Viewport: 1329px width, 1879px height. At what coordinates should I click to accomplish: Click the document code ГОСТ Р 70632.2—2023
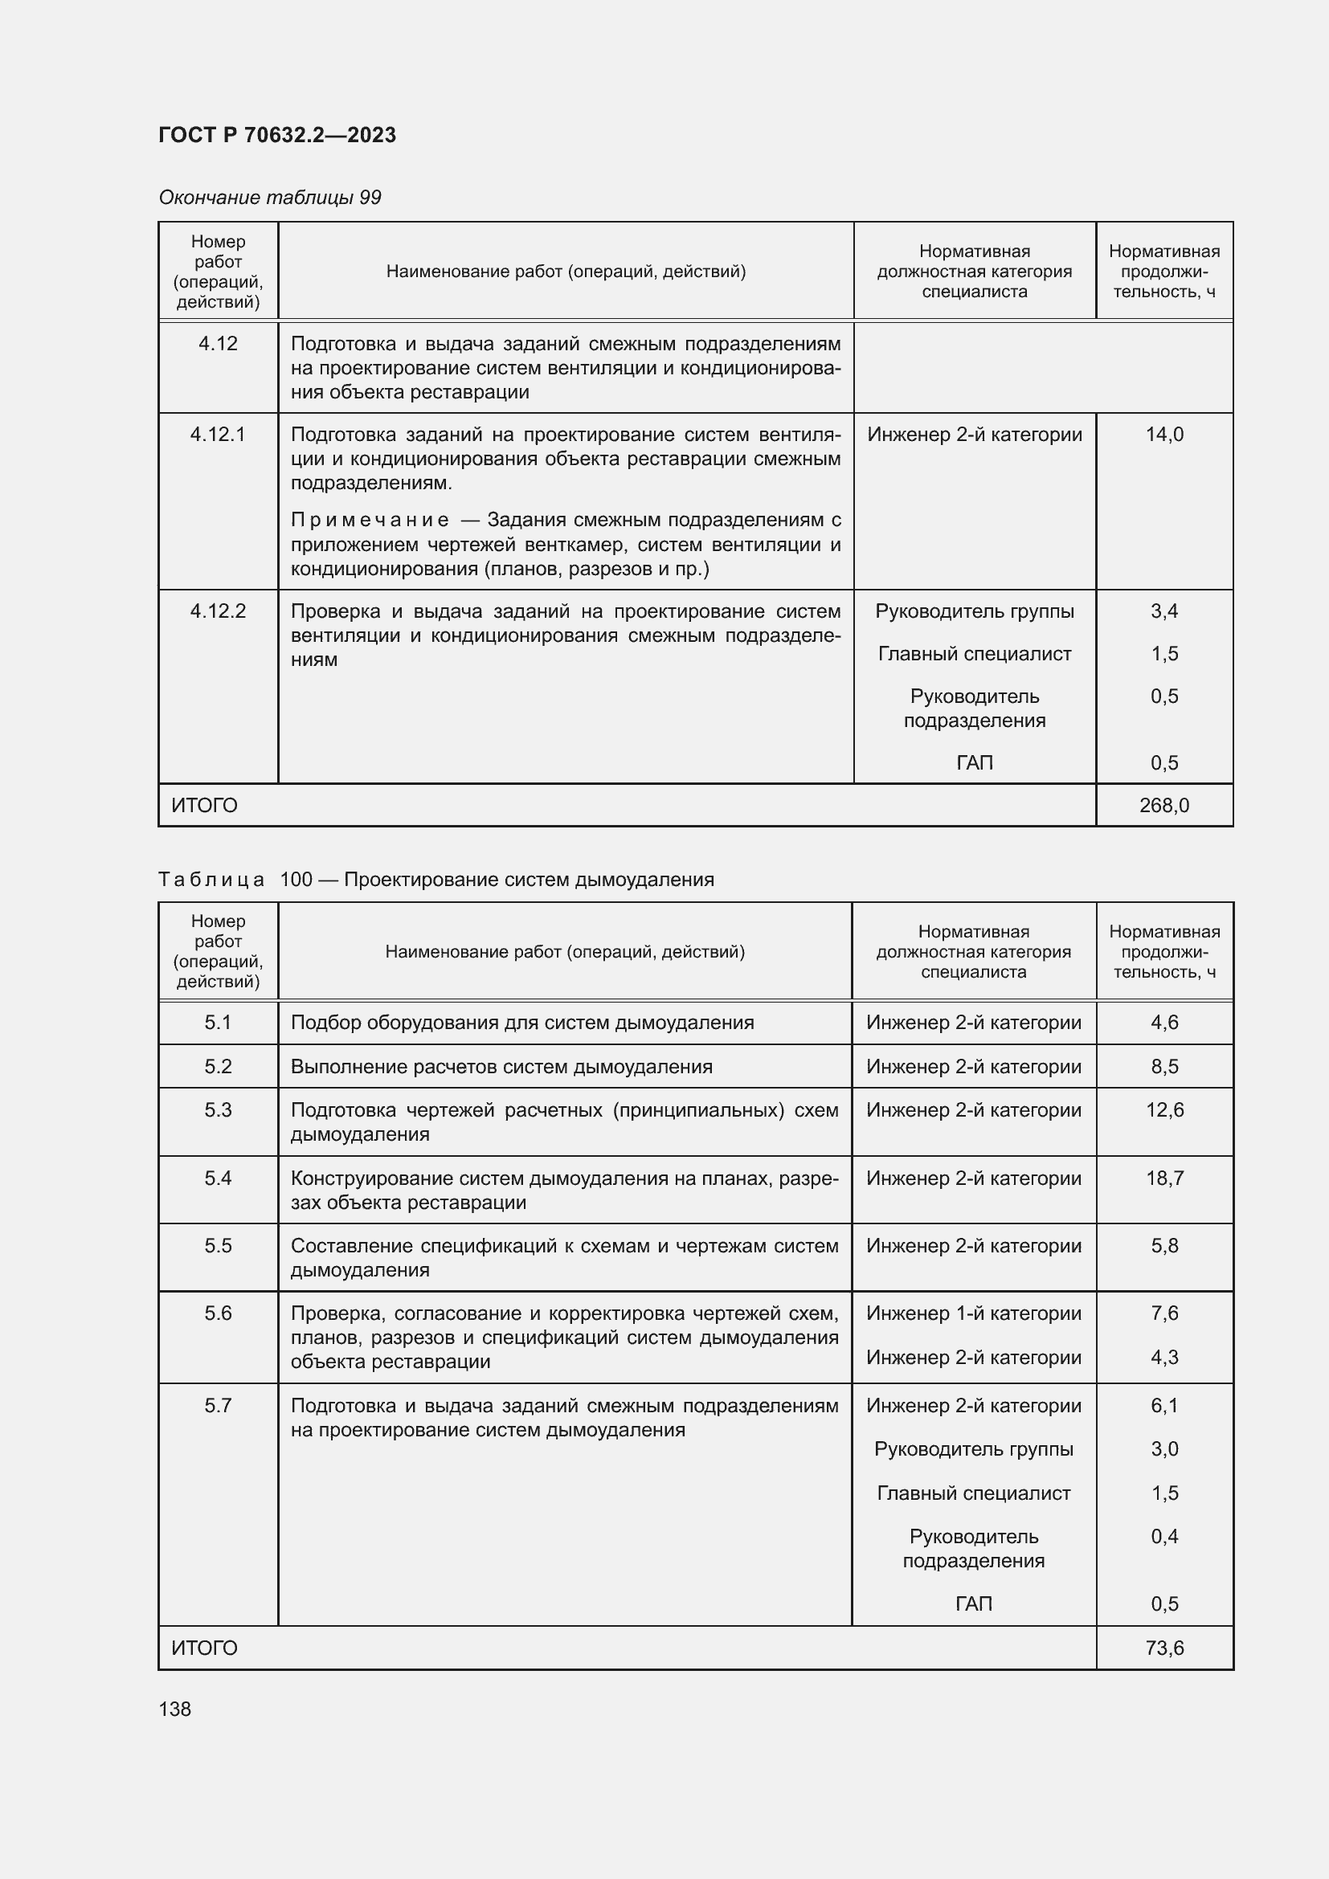pos(276,135)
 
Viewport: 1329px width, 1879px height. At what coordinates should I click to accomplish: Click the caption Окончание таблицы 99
pos(269,198)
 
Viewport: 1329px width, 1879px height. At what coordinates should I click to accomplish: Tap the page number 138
pos(174,1709)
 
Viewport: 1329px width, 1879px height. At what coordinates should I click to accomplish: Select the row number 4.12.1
pos(218,435)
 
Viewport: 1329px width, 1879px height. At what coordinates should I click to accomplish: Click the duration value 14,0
pos(1163,435)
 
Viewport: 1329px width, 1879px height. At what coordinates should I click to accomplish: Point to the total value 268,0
pos(1163,805)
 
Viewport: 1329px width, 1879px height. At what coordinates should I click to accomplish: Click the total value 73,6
pos(1163,1648)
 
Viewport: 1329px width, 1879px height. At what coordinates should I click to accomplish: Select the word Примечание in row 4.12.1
pos(369,520)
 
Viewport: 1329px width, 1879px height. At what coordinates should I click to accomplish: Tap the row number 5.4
pos(218,1178)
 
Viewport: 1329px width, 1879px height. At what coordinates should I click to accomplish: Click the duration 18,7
pos(1163,1178)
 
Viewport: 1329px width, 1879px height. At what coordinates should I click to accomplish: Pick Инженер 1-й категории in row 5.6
pos(973,1313)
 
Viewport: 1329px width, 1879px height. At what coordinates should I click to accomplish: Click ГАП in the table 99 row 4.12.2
pos(974,762)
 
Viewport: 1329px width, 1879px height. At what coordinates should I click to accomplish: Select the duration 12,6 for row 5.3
pos(1163,1109)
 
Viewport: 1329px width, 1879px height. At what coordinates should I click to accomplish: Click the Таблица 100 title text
pos(436,880)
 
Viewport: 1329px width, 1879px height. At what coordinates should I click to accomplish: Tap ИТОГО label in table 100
pos(205,1648)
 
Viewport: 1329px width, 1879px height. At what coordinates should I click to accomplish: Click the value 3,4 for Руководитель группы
pos(1163,611)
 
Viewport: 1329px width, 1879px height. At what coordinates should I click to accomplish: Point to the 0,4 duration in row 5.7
pos(1163,1536)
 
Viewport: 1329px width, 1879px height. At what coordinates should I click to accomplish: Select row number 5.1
pos(218,1022)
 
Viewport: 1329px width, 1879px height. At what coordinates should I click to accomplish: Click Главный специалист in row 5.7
pos(973,1493)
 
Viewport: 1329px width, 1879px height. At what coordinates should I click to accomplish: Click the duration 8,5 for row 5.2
pos(1163,1066)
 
